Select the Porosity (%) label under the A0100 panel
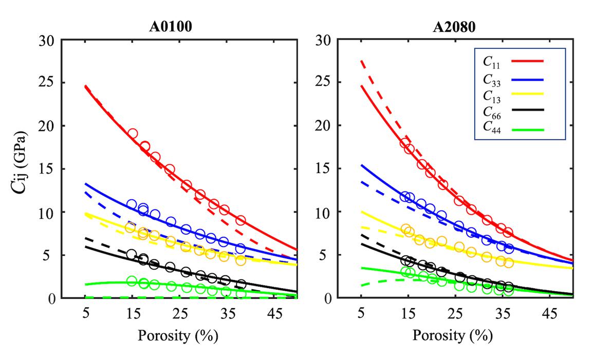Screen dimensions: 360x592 [178, 336]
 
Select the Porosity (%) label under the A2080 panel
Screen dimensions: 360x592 [452, 336]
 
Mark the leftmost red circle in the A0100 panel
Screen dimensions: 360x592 [132, 134]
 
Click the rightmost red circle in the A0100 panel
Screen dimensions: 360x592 [240, 220]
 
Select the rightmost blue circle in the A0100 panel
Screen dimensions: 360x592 [240, 248]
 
